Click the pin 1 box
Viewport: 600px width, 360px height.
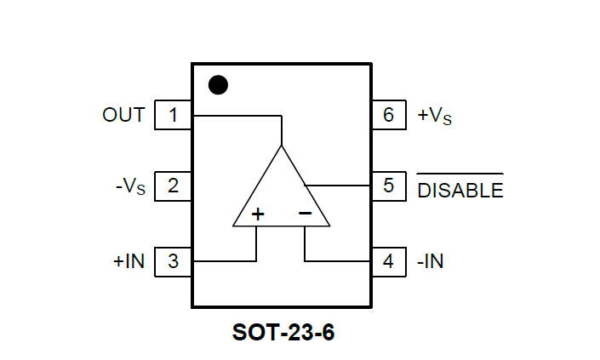tap(173, 115)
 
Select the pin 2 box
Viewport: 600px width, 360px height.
tap(173, 186)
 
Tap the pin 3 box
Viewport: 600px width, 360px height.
tap(173, 261)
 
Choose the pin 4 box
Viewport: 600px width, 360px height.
tap(389, 261)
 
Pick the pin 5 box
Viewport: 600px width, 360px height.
tap(389, 186)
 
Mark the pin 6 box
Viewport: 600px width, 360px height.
tap(389, 115)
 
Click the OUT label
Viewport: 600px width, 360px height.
tap(123, 115)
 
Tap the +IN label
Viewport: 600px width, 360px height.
tap(129, 261)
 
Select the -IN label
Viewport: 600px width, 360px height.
tap(430, 261)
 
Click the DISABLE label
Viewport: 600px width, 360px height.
tap(460, 190)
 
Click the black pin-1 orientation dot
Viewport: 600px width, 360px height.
tap(219, 84)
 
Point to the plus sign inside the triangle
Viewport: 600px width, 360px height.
tap(257, 214)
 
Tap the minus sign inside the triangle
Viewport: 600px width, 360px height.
tap(305, 214)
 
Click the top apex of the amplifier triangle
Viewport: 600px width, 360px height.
tap(281, 146)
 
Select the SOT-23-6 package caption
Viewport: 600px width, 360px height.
tap(283, 332)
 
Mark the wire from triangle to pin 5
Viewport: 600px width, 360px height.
tap(338, 185)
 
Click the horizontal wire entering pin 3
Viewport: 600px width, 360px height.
tap(223, 261)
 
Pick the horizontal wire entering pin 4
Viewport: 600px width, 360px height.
tap(337, 261)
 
